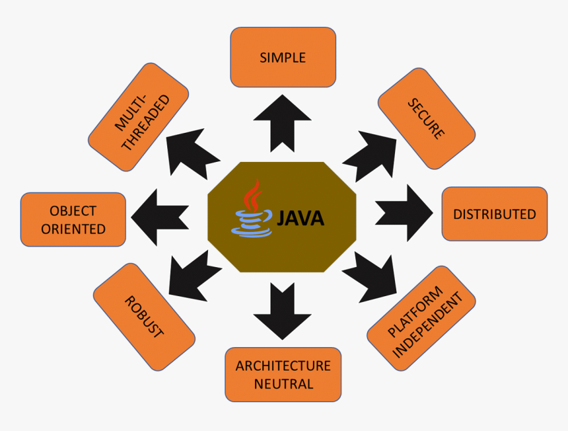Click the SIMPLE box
pos(283,57)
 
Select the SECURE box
pos(426,118)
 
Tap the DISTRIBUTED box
pos(494,214)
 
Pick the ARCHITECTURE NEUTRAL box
pos(283,374)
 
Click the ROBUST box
pos(144,317)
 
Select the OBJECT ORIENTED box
pos(73,219)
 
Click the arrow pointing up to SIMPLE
pos(282,122)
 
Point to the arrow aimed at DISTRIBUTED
pos(404,213)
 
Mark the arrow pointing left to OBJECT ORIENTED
pos(160,215)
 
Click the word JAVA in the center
pos(301,218)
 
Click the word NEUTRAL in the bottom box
pos(283,383)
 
